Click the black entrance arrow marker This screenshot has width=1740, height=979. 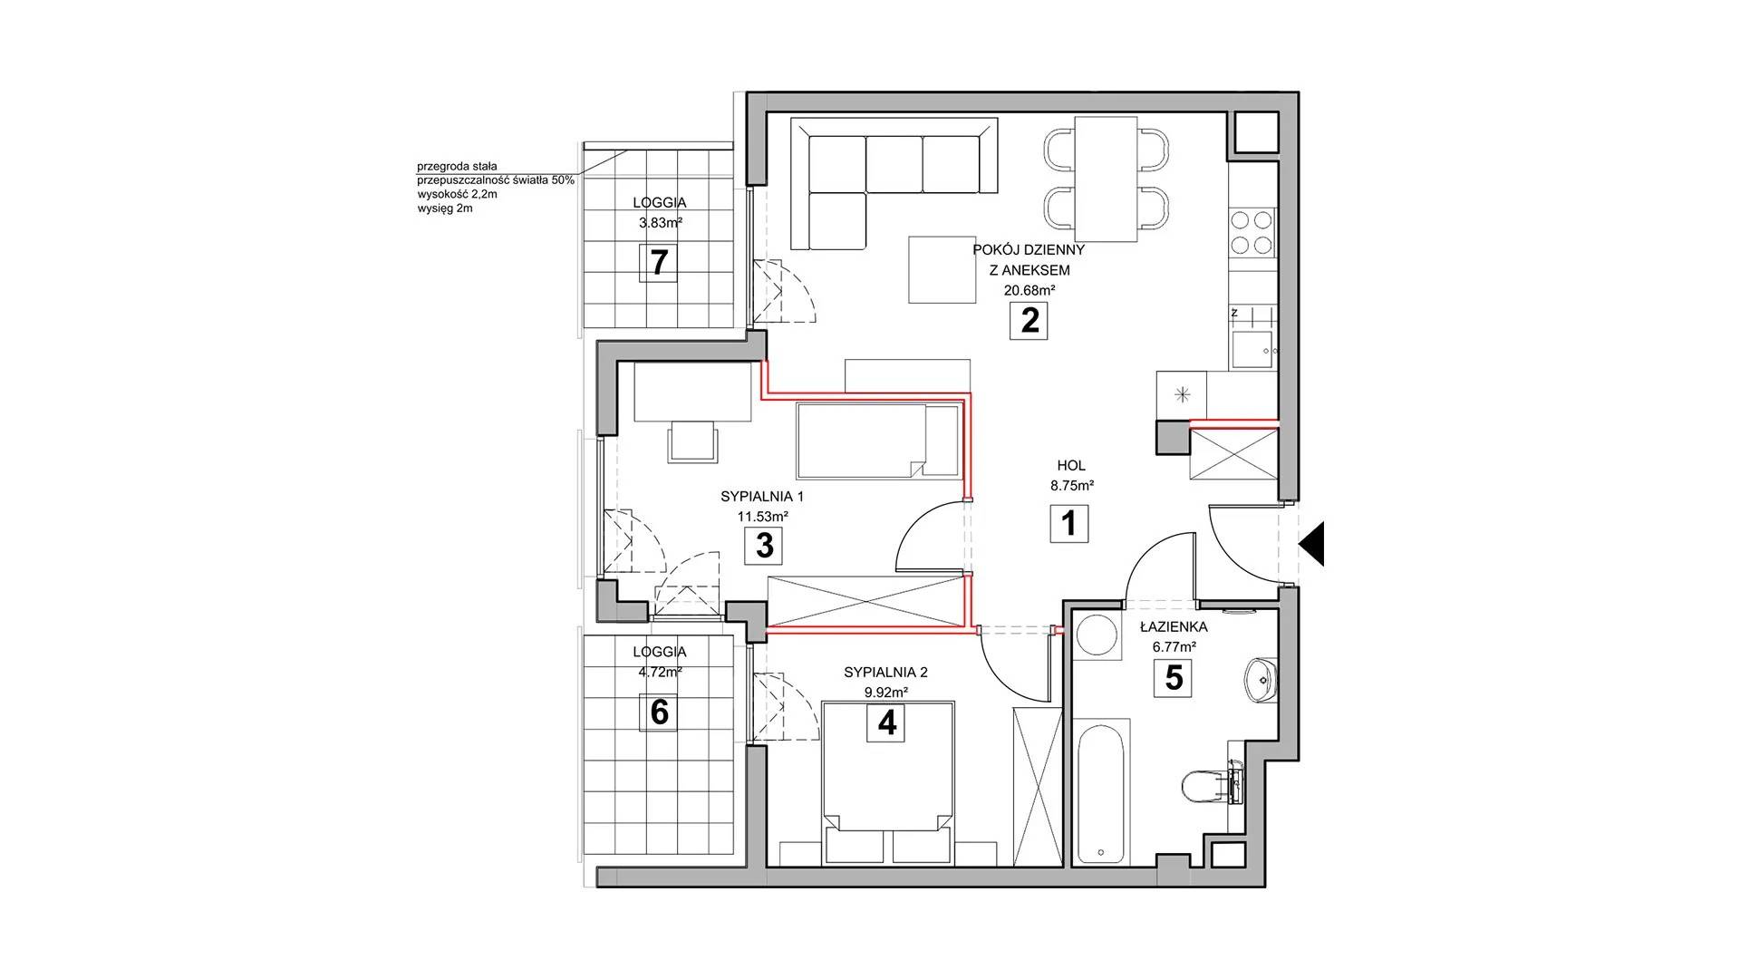pos(1312,544)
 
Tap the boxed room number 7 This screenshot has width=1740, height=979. pos(659,263)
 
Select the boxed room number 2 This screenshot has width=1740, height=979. pos(1029,321)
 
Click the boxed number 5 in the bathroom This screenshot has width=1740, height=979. pos(1174,678)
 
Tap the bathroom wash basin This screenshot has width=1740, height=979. pos(1261,681)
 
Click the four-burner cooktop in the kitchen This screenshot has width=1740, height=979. pos(1252,232)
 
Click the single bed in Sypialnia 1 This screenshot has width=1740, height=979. pos(876,441)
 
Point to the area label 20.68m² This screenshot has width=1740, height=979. pos(1029,291)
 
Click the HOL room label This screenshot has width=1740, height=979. pos(1070,466)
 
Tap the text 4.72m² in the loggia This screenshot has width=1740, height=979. pos(659,672)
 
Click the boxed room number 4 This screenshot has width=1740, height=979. pos(886,722)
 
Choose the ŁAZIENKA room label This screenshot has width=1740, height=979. pos(1174,625)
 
